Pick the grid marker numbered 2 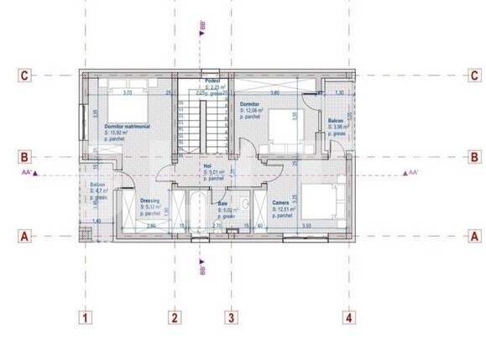click(174, 317)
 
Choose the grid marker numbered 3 click(230, 317)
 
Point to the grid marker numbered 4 click(348, 317)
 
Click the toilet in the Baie click(243, 204)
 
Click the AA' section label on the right click(412, 173)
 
